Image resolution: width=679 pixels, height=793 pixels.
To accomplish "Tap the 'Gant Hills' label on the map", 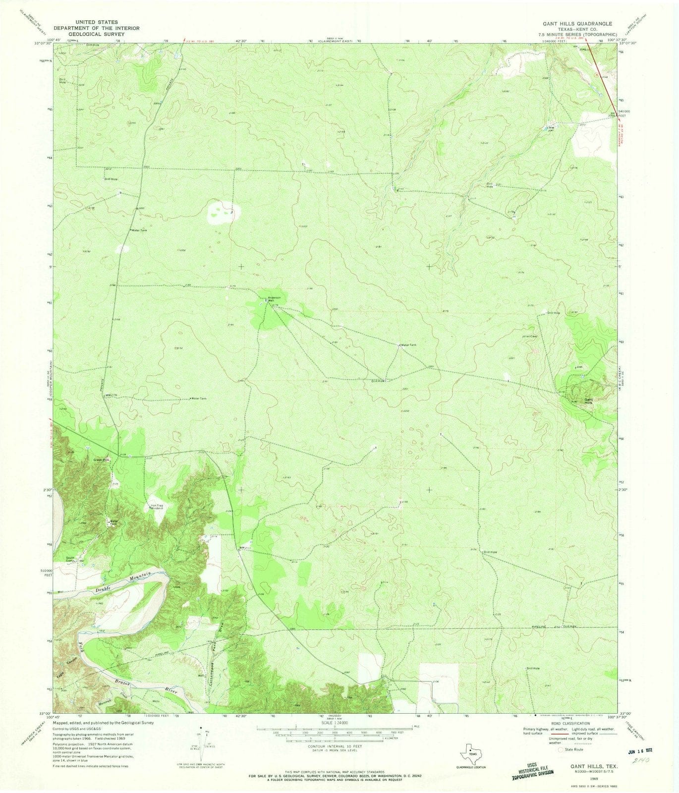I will tap(588, 401).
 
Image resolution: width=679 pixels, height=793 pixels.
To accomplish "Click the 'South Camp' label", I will tap(70, 560).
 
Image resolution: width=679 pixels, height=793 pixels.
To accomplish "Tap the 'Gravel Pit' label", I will tap(102, 460).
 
